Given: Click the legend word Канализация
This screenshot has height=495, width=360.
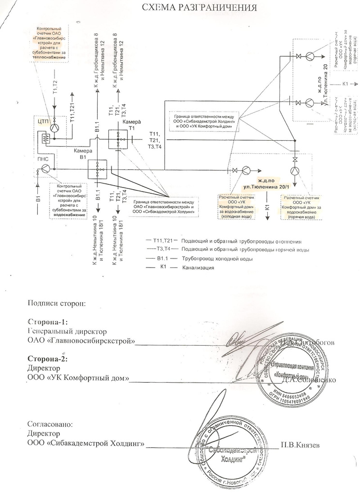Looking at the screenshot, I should point(198,268).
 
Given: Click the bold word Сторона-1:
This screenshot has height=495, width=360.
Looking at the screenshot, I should point(47,323).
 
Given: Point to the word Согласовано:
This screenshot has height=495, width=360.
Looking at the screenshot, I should point(49,424).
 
